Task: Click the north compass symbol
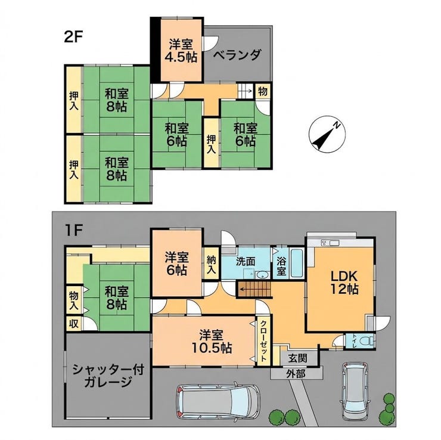click(327, 134)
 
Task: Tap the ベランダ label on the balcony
click(237, 55)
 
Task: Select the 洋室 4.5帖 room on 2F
click(181, 51)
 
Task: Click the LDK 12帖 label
click(344, 283)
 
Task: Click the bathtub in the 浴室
click(297, 262)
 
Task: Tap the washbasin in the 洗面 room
click(263, 275)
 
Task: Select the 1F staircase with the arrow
click(254, 289)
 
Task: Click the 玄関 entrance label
click(297, 358)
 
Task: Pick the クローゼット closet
click(263, 341)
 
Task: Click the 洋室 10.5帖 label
click(212, 342)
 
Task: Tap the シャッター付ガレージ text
click(108, 376)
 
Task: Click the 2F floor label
click(73, 37)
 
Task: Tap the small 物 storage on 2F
click(263, 91)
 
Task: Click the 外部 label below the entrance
click(296, 374)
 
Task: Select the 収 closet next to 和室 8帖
click(74, 323)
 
